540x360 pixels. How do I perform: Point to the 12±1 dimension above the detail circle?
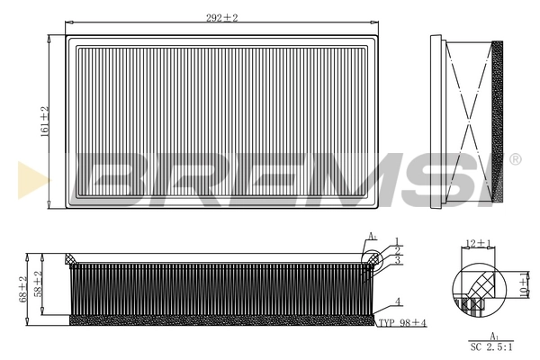476,244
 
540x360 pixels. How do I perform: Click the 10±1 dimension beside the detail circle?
523,285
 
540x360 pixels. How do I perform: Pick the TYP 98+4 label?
402,322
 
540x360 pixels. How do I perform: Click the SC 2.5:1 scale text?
490,346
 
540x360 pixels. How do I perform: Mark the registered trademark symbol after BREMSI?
515,159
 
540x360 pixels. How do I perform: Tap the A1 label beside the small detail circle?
371,237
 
